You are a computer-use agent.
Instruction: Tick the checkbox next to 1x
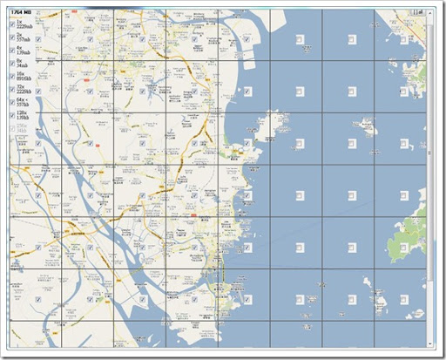coord(11,24)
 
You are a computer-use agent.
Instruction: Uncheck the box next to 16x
coord(11,77)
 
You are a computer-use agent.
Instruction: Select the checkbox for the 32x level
coord(11,90)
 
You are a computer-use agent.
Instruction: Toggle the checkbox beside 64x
coord(11,103)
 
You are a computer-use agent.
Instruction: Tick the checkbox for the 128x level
coord(11,116)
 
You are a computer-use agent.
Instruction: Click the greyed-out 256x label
coord(23,128)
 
